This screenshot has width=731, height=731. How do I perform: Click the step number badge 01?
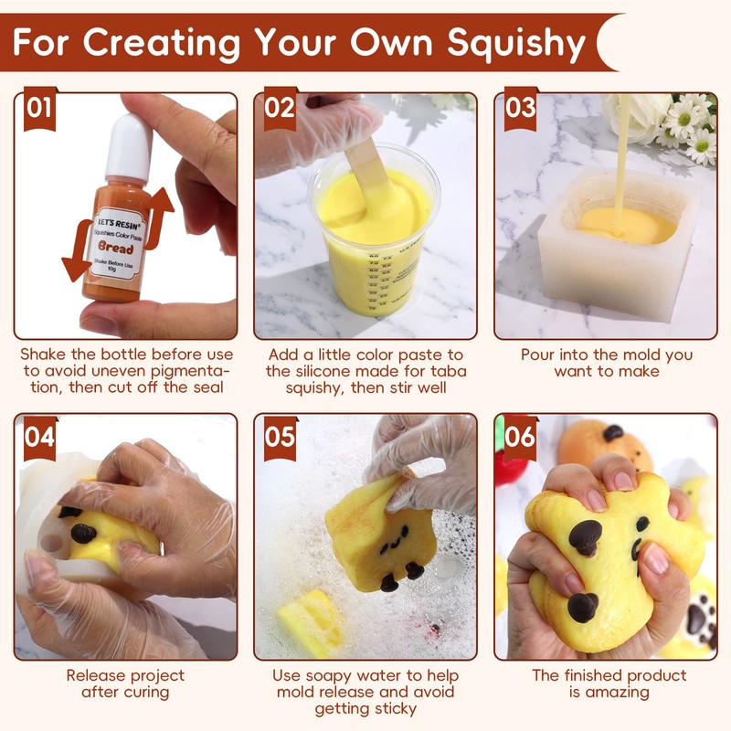tap(38, 110)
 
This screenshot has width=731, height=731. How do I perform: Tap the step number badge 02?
tap(281, 110)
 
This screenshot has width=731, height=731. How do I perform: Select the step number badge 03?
tap(520, 110)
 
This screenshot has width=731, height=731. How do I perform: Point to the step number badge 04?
tap(38, 436)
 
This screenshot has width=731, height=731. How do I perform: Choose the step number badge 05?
tap(281, 436)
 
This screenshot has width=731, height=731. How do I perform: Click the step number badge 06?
tap(520, 436)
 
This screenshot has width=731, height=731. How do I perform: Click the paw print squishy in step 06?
tap(699, 621)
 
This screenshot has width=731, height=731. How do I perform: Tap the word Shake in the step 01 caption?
tap(44, 355)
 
